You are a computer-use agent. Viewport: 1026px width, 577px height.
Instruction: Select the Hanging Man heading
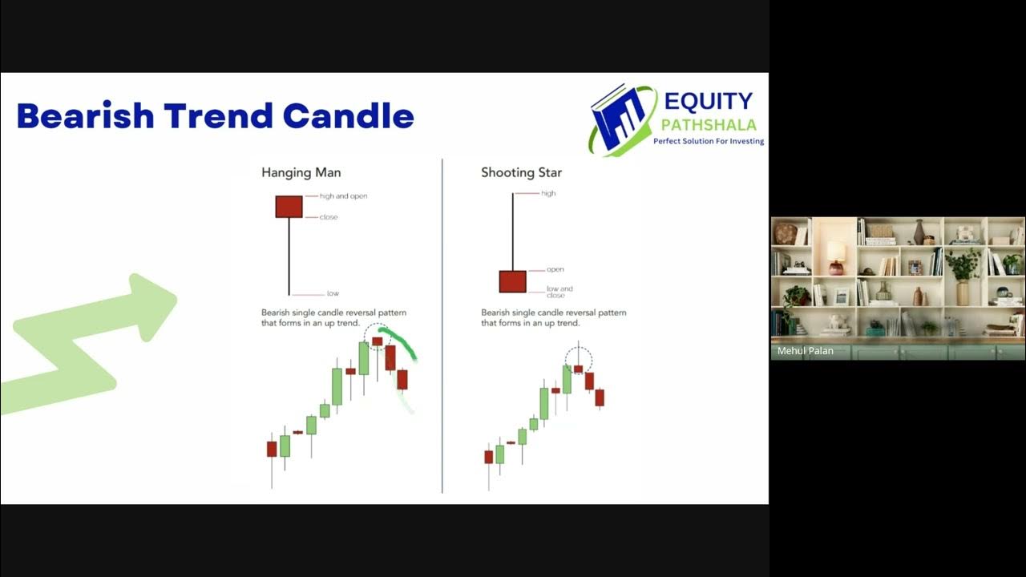click(301, 172)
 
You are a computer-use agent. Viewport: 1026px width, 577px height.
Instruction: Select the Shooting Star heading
click(521, 172)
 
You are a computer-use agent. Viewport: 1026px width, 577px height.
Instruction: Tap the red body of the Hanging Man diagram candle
click(289, 206)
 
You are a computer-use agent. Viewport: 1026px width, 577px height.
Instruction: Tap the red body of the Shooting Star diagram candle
click(512, 281)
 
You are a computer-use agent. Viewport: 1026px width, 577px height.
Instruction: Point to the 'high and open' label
click(343, 196)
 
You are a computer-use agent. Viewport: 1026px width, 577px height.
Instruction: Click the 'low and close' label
click(559, 291)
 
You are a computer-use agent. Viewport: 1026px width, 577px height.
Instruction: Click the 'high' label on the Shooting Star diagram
click(548, 193)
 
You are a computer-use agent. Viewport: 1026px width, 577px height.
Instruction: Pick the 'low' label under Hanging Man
click(333, 293)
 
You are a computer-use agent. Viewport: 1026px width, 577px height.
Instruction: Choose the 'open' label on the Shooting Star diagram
click(556, 269)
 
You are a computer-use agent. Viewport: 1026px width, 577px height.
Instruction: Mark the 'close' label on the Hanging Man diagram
click(329, 217)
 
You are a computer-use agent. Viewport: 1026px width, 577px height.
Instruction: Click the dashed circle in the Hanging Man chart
click(377, 337)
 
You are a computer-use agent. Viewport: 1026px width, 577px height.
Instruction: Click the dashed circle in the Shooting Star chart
click(578, 360)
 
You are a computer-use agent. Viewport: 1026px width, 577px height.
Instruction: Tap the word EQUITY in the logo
click(709, 101)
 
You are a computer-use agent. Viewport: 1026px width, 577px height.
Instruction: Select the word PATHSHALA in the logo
click(709, 124)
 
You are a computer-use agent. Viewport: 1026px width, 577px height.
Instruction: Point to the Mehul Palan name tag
click(805, 351)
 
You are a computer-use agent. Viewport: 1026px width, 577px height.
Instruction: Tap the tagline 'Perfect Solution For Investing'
click(709, 141)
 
